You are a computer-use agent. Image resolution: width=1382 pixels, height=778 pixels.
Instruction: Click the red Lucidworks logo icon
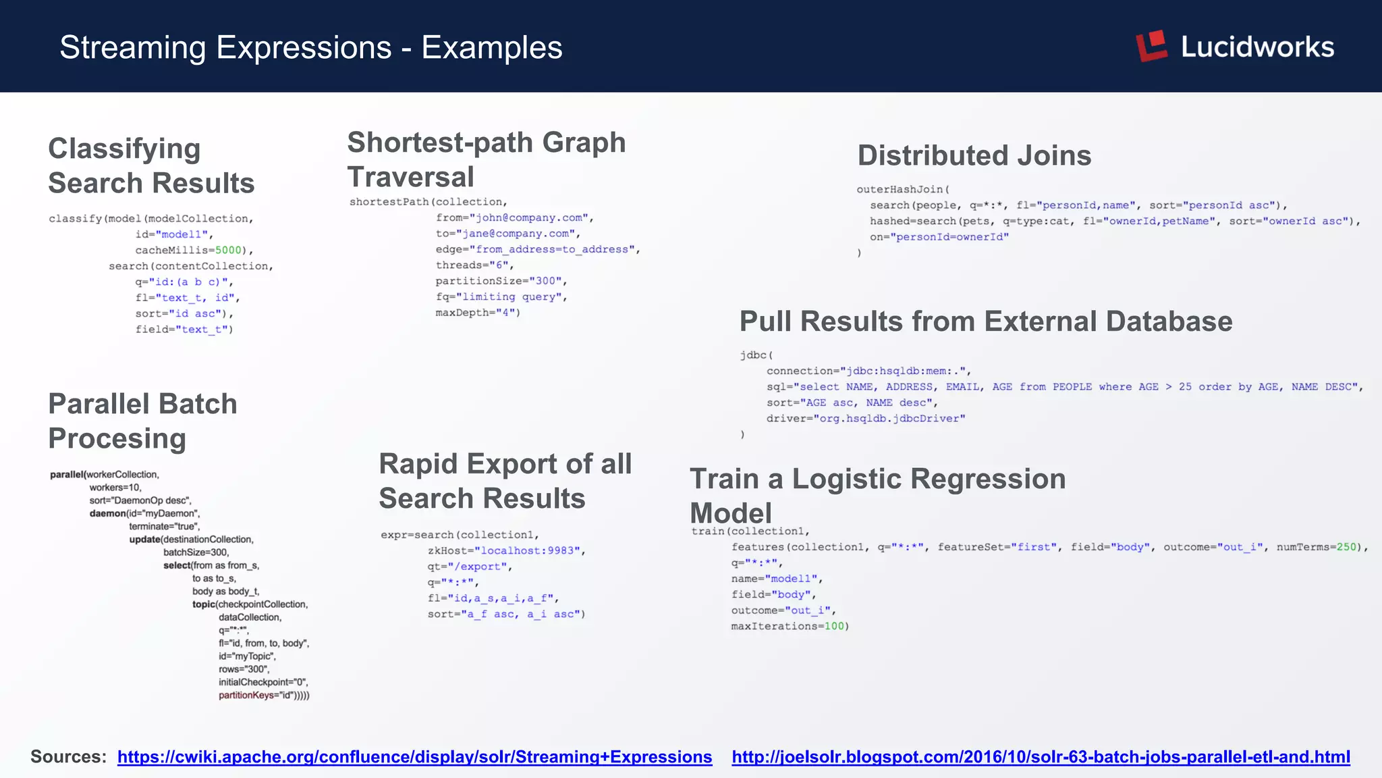tap(1152, 46)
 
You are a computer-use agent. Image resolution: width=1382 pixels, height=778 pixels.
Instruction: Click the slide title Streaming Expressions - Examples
tap(310, 47)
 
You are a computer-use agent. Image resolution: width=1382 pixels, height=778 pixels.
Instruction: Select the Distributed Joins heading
tap(974, 155)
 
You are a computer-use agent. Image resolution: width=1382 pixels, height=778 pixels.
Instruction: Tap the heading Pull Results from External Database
tap(985, 321)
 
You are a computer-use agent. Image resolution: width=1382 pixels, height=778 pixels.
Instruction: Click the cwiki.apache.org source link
tap(414, 757)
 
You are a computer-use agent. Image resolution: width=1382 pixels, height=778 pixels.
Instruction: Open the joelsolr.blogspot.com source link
tap(1041, 757)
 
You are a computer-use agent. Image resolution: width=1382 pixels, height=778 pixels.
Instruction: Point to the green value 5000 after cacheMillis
tap(228, 251)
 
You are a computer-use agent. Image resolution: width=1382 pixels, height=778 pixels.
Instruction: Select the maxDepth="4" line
tap(478, 313)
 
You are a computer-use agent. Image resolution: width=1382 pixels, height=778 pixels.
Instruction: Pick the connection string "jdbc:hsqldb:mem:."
tap(904, 371)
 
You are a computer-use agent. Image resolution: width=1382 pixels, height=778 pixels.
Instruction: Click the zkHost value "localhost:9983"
tap(527, 551)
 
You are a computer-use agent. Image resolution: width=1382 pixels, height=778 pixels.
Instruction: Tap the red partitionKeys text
tap(246, 696)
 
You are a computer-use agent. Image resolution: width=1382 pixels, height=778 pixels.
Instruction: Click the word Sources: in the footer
tap(68, 757)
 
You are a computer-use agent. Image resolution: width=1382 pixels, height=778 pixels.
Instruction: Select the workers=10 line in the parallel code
tap(115, 488)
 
